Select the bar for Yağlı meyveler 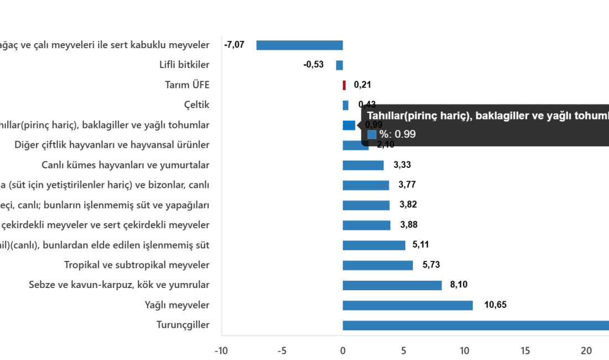click(x=408, y=305)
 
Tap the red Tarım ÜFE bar click(x=344, y=85)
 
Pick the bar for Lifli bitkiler click(x=339, y=65)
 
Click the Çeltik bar click(x=346, y=105)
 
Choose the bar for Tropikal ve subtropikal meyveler click(x=378, y=265)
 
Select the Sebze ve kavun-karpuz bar click(x=393, y=285)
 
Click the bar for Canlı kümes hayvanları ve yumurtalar click(x=363, y=165)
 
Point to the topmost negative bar click(x=300, y=45)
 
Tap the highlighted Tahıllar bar click(x=349, y=125)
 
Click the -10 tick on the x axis click(x=221, y=351)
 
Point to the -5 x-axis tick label click(x=282, y=351)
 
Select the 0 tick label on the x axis click(x=343, y=351)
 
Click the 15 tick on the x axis click(x=525, y=351)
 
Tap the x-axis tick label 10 click(x=465, y=351)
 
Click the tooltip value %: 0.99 click(x=398, y=134)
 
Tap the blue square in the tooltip click(x=372, y=134)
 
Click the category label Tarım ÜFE click(x=187, y=85)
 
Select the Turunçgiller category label click(x=183, y=325)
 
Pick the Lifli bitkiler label click(x=184, y=65)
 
